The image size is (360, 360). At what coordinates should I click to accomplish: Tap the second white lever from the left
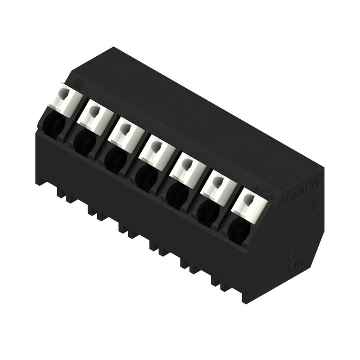(95, 114)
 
